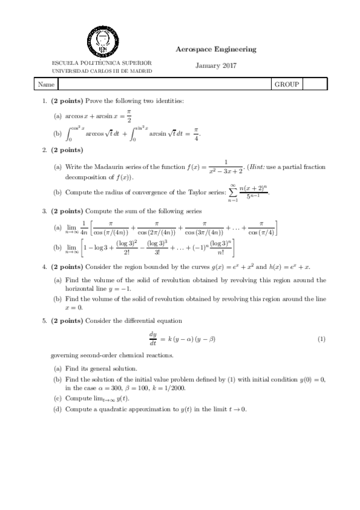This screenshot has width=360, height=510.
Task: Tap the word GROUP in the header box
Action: (287, 85)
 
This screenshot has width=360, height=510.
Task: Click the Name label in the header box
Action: (46, 85)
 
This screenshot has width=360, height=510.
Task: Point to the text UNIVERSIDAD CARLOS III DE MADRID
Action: (102, 70)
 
